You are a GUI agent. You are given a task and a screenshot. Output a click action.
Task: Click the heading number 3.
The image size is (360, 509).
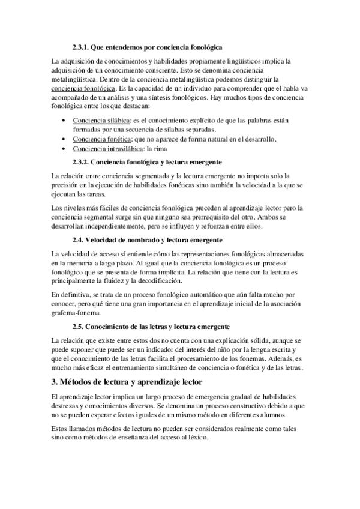coord(56,382)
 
